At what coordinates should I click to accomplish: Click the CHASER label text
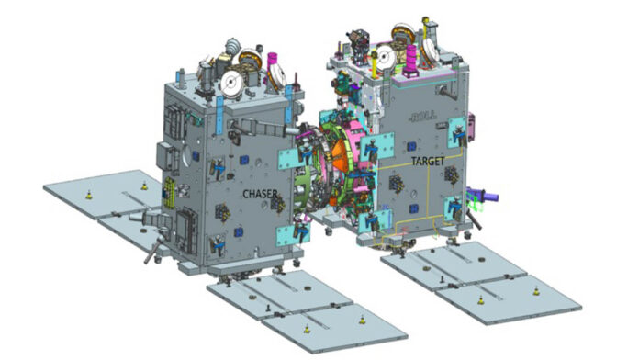260,194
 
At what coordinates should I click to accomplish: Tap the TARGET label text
428,162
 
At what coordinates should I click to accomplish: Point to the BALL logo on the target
422,117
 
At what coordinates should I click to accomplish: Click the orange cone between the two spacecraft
341,157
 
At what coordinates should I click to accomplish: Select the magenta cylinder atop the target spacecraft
411,61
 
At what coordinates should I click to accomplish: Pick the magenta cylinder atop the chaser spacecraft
271,62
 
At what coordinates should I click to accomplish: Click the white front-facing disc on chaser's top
230,83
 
